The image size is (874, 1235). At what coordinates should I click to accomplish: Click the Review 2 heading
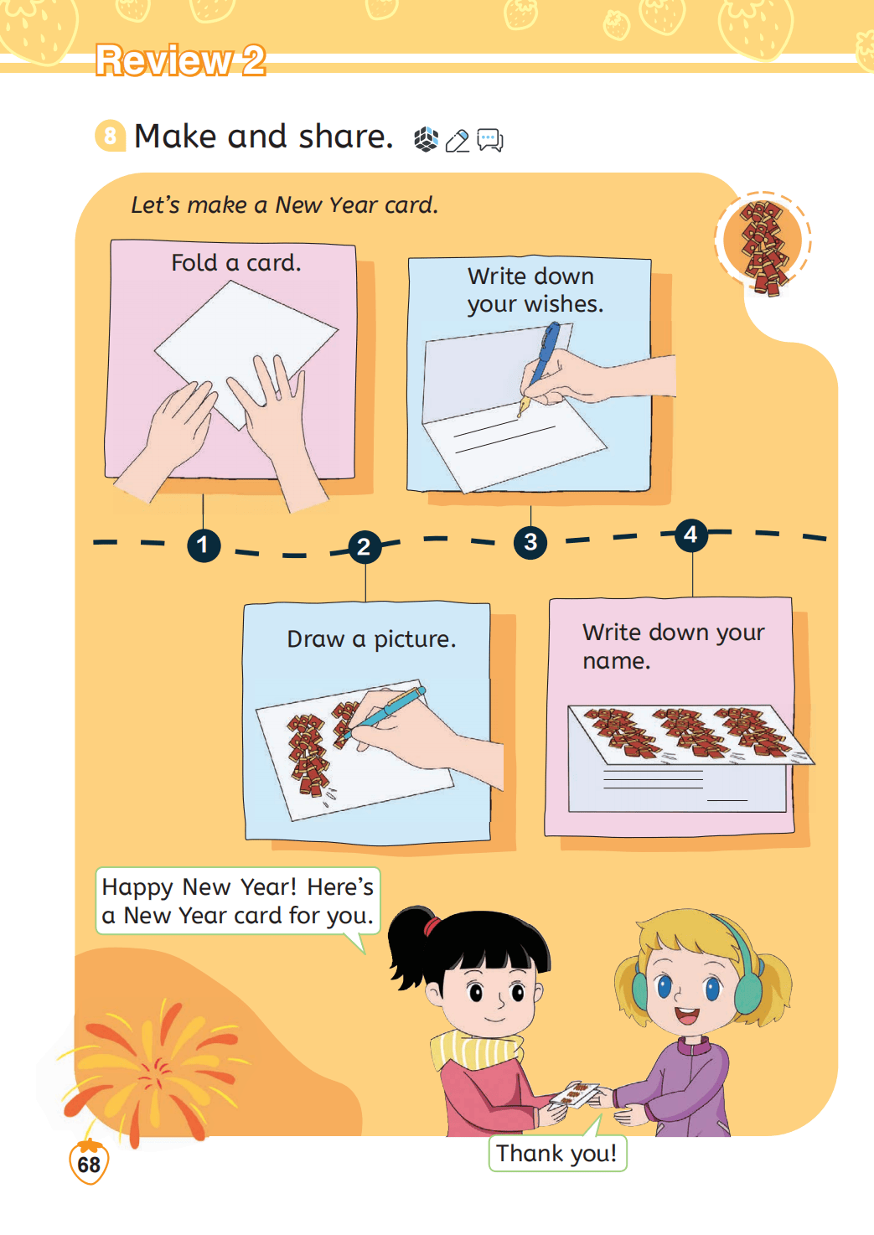[x=180, y=60]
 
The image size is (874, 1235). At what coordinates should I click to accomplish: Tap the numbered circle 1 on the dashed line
[x=204, y=545]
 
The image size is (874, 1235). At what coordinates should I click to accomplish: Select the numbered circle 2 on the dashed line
[x=365, y=547]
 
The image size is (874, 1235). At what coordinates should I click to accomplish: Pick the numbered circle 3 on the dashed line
[x=530, y=543]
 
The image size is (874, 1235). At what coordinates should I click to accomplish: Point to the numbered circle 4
[x=691, y=535]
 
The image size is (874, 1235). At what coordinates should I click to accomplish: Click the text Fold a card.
[x=236, y=263]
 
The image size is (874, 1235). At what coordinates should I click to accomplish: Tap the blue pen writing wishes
[x=539, y=369]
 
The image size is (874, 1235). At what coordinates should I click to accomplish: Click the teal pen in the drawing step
[x=382, y=712]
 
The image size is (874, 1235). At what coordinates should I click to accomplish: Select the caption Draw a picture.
[x=372, y=639]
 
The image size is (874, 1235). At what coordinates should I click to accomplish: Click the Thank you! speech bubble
[x=557, y=1153]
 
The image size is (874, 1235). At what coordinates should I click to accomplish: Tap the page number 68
[x=89, y=1165]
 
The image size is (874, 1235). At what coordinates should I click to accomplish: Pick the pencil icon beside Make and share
[x=458, y=141]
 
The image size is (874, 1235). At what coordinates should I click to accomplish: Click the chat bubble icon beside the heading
[x=489, y=140]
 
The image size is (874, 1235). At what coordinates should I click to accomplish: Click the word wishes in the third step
[x=564, y=304]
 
